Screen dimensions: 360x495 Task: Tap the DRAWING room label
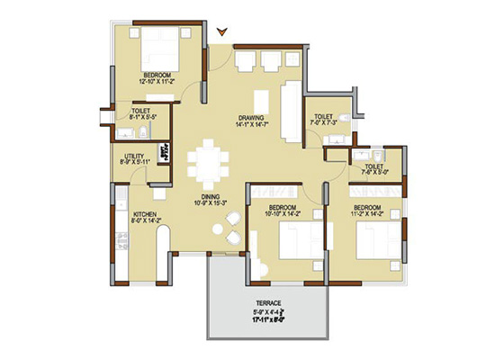click(x=250, y=117)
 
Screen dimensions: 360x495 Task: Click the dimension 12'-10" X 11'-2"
click(x=161, y=80)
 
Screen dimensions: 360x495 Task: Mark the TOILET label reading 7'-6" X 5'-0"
click(x=373, y=169)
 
